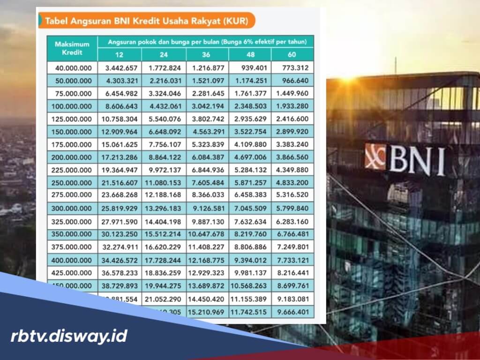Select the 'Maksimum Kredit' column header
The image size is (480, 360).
coord(72,48)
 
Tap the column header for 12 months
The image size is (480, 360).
coord(120,55)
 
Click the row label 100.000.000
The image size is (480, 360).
coord(74,106)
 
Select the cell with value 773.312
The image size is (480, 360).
coord(296,68)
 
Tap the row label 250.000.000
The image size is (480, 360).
coord(74,182)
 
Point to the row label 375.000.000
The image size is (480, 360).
coord(74,247)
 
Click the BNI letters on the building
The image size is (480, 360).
coord(417,161)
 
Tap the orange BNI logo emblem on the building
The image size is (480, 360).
coord(375,157)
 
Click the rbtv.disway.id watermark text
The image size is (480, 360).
coord(69,336)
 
